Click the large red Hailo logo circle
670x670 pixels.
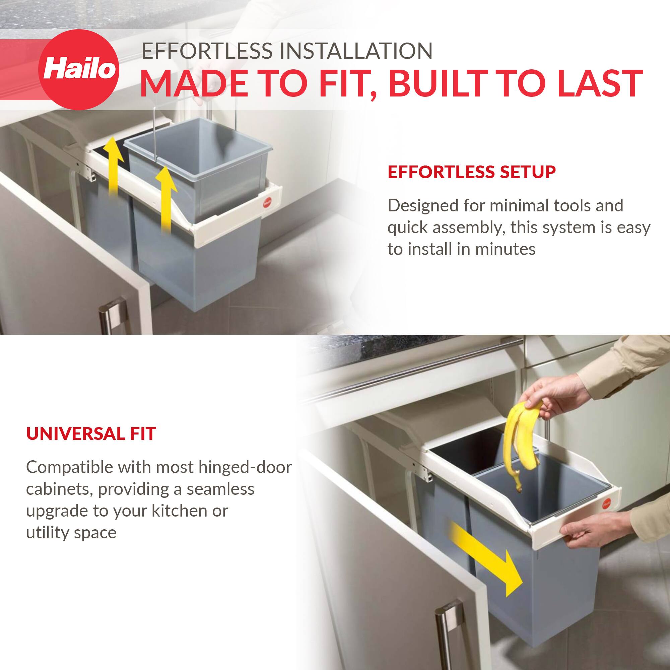point(78,70)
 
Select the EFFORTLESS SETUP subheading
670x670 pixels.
point(471,172)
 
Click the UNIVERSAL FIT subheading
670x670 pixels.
point(91,434)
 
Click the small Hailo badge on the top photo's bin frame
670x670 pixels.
point(267,203)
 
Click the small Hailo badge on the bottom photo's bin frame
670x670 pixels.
point(607,504)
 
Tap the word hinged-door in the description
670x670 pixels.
point(245,467)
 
